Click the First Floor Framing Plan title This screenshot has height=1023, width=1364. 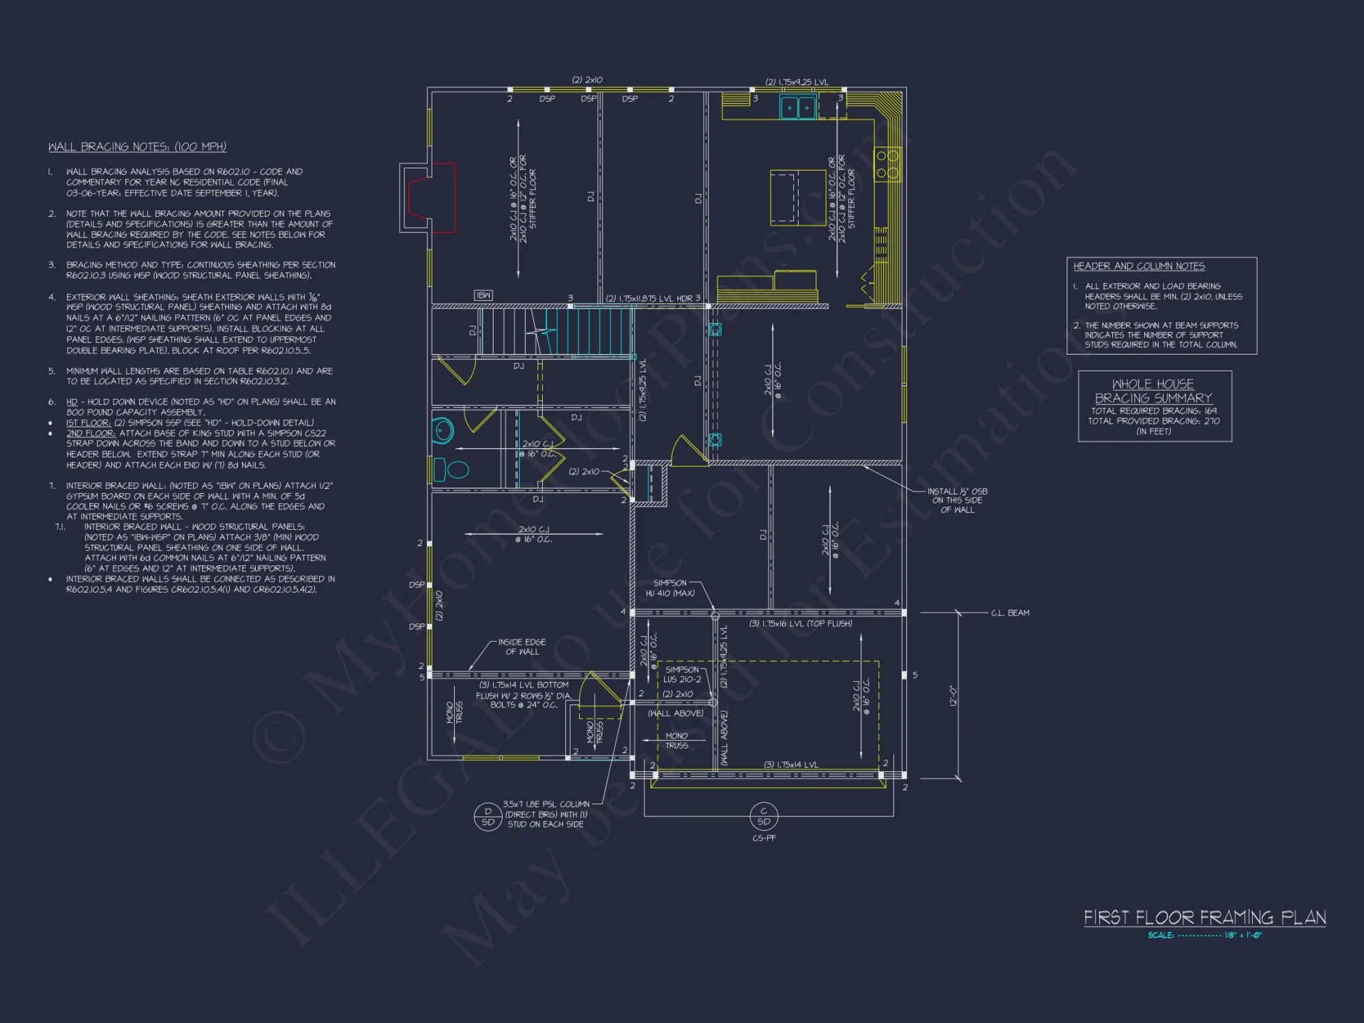pos(1204,917)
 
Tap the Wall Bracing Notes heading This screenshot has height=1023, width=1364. pos(137,147)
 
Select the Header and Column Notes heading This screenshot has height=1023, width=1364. pos(1138,266)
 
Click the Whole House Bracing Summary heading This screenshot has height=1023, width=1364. pos(1153,391)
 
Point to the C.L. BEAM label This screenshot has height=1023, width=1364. pos(1010,612)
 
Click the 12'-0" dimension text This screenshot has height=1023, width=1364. pos(953,696)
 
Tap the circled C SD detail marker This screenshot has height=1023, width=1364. pos(763,816)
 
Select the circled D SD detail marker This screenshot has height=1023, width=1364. pos(488,816)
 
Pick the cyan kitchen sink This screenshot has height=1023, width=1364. pos(798,107)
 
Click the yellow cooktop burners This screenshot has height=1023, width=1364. pos(888,164)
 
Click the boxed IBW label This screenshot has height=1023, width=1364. pos(483,295)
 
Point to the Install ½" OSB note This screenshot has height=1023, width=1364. pos(957,500)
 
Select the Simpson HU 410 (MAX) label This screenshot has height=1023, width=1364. pos(670,588)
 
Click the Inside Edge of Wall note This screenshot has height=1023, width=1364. pos(521,647)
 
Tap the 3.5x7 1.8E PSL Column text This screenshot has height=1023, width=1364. pos(546,804)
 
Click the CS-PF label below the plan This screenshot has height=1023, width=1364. pos(764,837)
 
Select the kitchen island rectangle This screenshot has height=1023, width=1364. pos(797,198)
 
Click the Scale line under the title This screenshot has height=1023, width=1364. pos(1204,935)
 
